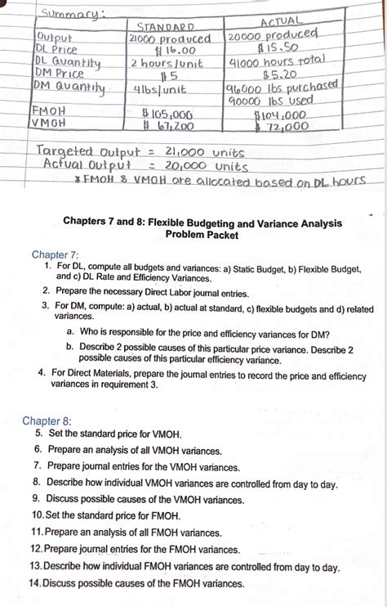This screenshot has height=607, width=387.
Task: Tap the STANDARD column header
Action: (170, 26)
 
